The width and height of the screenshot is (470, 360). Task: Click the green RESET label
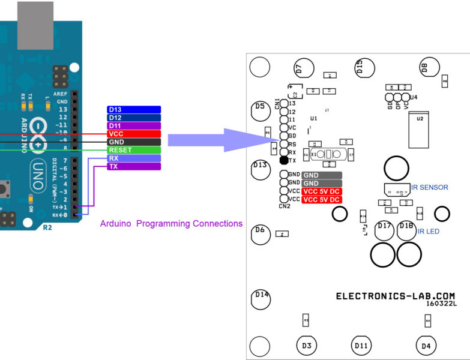point(134,150)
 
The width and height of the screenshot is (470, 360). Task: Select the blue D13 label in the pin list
point(134,110)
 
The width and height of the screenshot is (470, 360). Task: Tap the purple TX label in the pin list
point(134,166)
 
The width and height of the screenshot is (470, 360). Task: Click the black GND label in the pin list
point(134,142)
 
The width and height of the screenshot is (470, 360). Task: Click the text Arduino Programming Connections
point(171,224)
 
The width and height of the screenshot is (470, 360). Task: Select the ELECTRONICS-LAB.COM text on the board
point(395,296)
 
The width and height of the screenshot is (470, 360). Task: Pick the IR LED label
point(429,231)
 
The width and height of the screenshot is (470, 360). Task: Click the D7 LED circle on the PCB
point(304,68)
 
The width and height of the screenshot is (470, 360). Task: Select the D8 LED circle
point(430,68)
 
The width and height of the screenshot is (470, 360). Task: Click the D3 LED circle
point(306,346)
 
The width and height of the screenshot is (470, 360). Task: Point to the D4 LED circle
point(426,346)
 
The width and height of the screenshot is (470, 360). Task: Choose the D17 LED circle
point(385,230)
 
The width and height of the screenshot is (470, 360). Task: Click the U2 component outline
point(420,130)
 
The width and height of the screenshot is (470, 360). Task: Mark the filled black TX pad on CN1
point(284,161)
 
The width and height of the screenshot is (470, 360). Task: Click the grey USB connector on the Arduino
point(35,25)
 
